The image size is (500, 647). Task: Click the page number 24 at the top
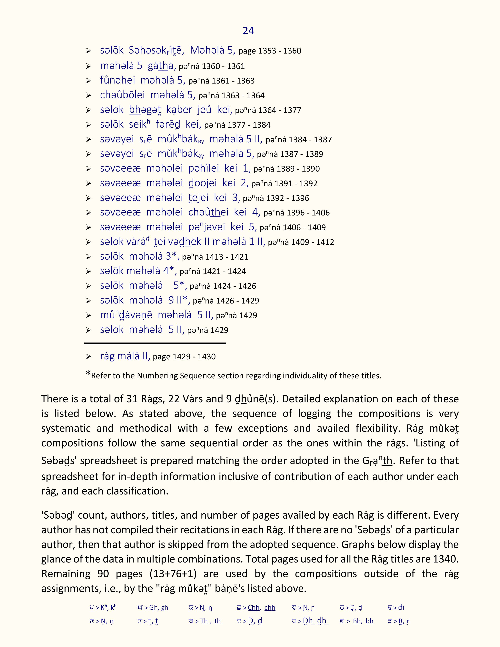[x=248, y=31]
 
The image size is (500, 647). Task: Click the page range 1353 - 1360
[x=280, y=51]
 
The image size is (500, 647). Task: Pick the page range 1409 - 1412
[x=313, y=242]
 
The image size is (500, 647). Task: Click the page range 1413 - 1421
[x=227, y=257]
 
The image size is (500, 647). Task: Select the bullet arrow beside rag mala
[x=88, y=357]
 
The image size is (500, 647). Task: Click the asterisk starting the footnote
[x=88, y=374]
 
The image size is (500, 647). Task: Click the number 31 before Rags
[x=132, y=399]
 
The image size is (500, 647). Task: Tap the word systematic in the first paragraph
[x=65, y=428]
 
